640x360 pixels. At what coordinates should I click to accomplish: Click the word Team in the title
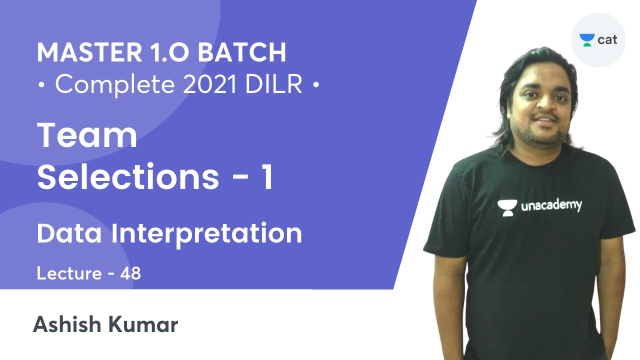(x=87, y=135)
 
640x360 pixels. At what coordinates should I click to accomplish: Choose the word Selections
(x=128, y=177)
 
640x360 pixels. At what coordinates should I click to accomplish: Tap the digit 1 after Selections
(x=267, y=177)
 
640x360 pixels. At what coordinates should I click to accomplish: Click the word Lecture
(x=69, y=273)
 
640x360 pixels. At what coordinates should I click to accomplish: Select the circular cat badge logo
(x=598, y=40)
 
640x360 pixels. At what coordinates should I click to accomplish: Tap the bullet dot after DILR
(x=315, y=86)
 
